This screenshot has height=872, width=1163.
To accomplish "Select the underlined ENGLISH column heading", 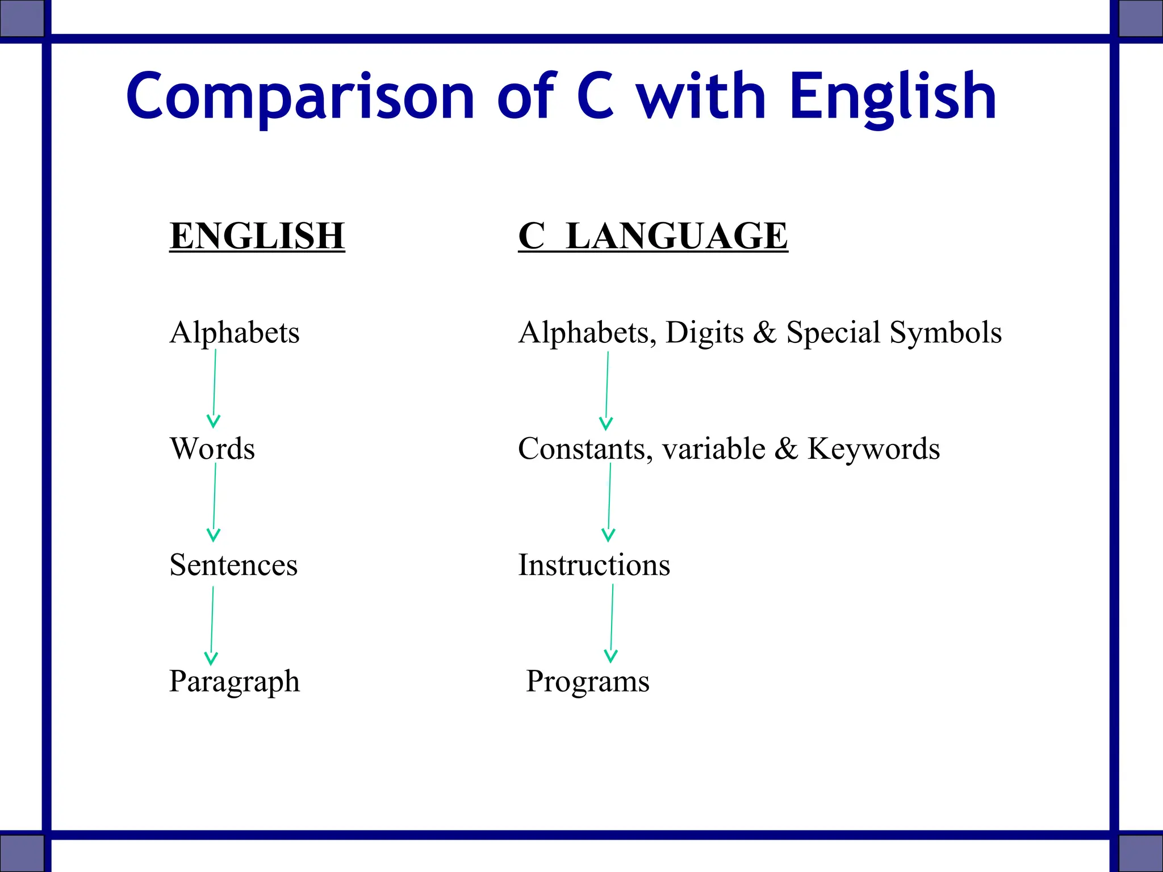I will (x=257, y=236).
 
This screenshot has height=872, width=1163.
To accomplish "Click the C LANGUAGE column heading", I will (x=652, y=236).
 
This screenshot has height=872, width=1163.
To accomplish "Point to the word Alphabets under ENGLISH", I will (x=234, y=333).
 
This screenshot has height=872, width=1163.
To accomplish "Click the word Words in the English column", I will (x=212, y=449).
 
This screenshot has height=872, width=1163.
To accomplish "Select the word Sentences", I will (x=233, y=565).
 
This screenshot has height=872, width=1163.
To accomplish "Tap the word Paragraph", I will (x=234, y=681).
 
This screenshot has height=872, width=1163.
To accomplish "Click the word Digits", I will (x=704, y=333).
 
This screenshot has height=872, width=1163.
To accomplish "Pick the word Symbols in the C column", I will (x=946, y=333).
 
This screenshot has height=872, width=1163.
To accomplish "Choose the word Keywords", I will (x=873, y=449).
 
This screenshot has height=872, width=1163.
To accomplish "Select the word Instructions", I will (x=594, y=565).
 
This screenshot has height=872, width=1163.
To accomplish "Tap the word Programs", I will (x=587, y=681).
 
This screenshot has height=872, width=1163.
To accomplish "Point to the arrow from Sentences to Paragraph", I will (x=212, y=624).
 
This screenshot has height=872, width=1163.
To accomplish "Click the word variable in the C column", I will (x=713, y=449).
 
